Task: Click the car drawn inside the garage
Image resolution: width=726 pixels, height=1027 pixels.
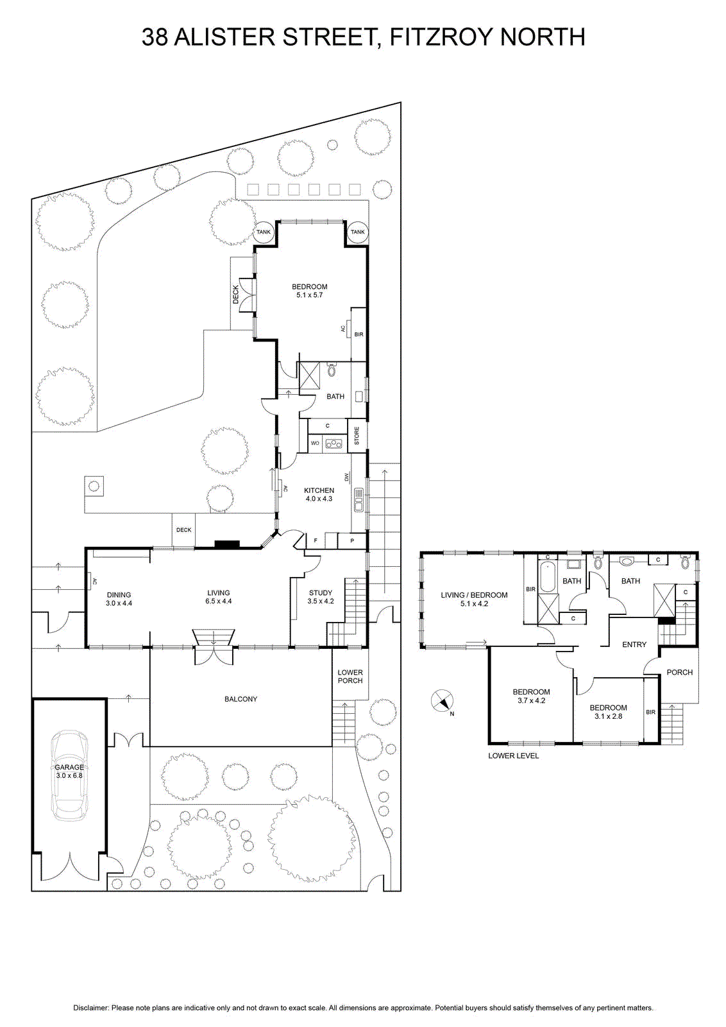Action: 69,775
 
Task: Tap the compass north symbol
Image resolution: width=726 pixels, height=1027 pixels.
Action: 443,701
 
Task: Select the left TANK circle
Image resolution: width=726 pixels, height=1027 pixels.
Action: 264,232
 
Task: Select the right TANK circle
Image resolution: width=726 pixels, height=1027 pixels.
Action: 358,232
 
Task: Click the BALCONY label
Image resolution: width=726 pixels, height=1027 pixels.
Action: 241,699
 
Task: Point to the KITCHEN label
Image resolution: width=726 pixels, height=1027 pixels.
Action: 319,490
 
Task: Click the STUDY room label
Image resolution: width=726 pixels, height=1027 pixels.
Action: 321,593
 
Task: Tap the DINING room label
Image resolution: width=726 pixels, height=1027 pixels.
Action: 119,595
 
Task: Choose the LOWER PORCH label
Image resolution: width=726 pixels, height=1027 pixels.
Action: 350,677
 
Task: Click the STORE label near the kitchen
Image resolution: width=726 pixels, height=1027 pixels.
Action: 357,436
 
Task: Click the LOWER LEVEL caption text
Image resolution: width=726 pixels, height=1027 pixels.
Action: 514,756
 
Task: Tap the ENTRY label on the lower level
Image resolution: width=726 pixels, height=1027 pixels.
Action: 634,644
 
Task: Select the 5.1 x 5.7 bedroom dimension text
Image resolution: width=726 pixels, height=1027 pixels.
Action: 310,295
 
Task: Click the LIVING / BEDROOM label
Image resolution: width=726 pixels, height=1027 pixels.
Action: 474,595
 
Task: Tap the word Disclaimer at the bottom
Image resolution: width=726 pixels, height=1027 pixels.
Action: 90,1008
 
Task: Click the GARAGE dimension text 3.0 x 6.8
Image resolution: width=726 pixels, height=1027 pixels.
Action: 70,776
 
